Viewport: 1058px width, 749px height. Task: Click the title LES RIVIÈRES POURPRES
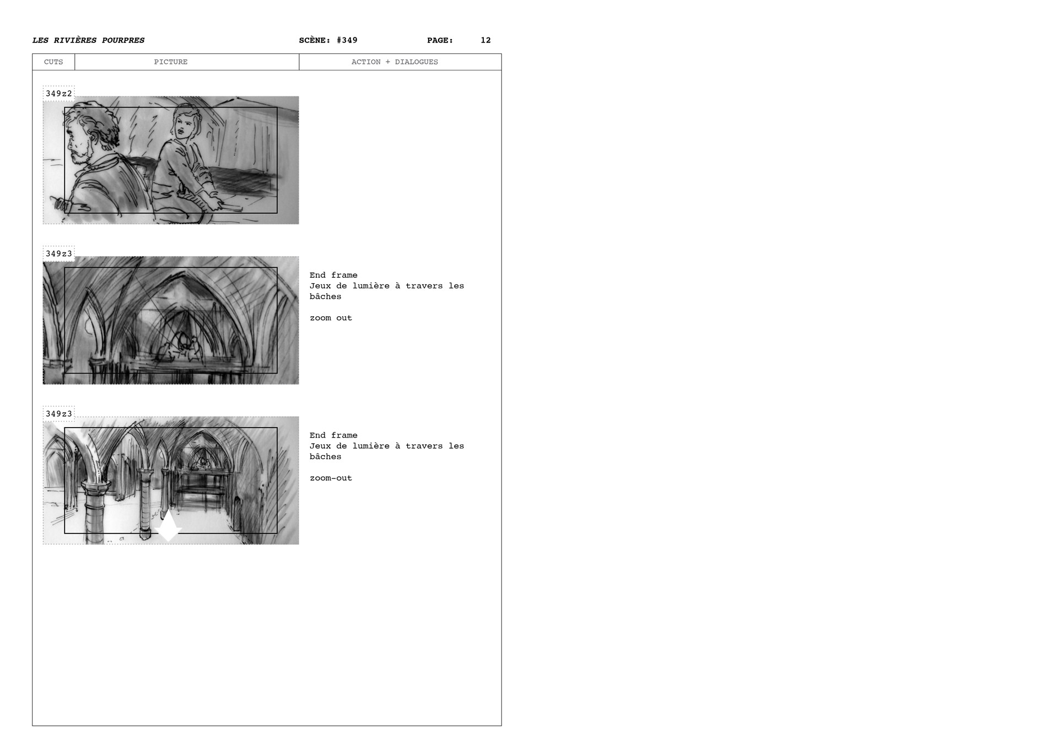click(x=88, y=40)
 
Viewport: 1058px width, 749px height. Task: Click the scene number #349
click(x=347, y=40)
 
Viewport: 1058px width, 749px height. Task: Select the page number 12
click(x=485, y=40)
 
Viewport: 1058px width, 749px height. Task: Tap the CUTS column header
click(x=53, y=62)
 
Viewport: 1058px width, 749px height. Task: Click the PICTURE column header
click(x=170, y=62)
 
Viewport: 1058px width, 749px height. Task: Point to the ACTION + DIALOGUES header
click(x=395, y=62)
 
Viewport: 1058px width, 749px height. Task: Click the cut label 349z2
click(x=58, y=94)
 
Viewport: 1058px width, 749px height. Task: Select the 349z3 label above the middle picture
click(x=58, y=254)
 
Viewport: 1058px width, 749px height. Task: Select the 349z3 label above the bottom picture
click(x=58, y=414)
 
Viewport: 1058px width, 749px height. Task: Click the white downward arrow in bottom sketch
click(x=168, y=526)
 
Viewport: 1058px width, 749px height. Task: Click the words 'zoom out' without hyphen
click(x=331, y=318)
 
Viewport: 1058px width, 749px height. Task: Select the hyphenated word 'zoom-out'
click(x=331, y=478)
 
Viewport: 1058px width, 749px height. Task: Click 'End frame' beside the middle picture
click(x=333, y=275)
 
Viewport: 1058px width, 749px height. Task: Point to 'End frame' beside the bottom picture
click(x=333, y=435)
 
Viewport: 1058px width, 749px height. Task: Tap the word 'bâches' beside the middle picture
click(x=325, y=297)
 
